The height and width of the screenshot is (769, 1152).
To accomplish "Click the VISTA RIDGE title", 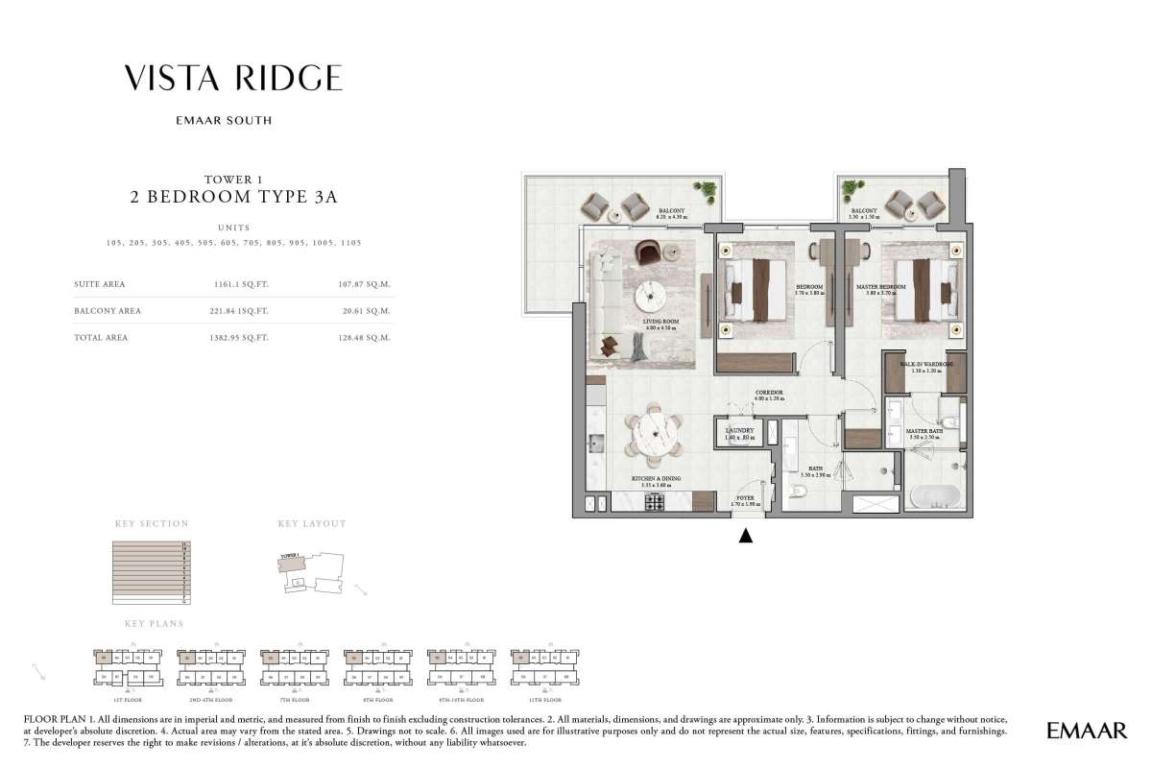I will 233,79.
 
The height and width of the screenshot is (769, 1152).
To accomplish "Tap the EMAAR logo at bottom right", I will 1086,732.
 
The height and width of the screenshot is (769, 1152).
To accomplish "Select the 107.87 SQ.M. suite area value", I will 368,284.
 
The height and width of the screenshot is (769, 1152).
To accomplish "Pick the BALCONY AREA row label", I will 108,311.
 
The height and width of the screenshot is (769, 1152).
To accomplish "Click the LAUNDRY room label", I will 739,431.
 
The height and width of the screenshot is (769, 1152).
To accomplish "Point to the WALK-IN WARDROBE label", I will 925,366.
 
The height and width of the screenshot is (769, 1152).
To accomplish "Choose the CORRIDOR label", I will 769,393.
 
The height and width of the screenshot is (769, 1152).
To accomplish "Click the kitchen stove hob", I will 655,501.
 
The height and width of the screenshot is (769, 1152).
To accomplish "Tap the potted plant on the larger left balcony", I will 708,190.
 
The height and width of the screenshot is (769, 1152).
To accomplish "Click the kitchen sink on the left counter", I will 593,441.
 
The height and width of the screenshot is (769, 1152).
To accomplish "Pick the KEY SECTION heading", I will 152,524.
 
